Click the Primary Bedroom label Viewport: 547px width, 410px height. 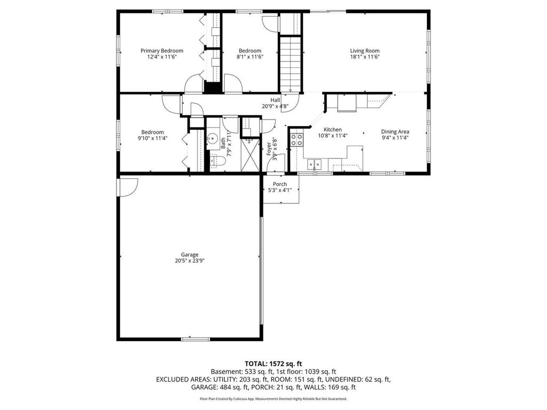click(162, 51)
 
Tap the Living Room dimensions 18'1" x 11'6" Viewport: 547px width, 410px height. click(365, 57)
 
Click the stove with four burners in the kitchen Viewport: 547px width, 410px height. click(296, 140)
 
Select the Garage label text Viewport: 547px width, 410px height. click(189, 255)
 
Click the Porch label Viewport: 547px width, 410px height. click(280, 184)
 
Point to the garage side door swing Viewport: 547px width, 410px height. click(128, 187)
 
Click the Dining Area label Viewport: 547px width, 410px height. click(395, 132)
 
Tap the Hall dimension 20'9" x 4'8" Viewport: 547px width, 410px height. click(275, 106)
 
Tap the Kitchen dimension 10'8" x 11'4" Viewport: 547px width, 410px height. click(332, 136)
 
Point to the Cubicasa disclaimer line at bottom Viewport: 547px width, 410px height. click(273, 399)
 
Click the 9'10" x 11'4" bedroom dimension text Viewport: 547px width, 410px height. click(152, 138)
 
